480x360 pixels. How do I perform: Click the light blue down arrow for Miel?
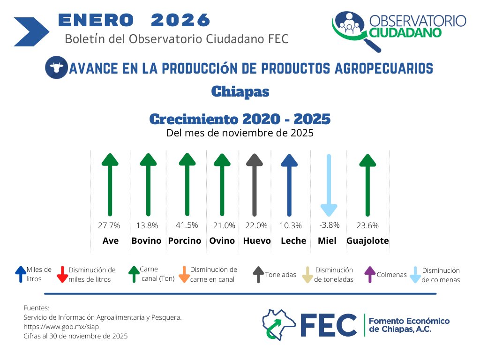click(329, 185)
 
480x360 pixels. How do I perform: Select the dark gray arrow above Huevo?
click(254, 185)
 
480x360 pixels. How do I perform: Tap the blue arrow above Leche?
click(289, 185)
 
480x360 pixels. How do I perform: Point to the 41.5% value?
click(187, 225)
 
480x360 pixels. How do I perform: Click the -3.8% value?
click(329, 225)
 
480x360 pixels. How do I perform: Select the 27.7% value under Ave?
click(109, 225)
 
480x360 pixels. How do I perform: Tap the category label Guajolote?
click(367, 241)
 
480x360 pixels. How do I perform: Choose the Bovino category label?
click(146, 241)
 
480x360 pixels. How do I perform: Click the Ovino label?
click(222, 241)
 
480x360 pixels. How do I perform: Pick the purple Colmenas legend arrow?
click(370, 274)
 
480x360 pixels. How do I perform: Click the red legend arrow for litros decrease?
click(62, 275)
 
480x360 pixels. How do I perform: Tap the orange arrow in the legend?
click(184, 275)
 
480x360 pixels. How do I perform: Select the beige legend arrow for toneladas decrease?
click(307, 275)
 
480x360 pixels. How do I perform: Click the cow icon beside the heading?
click(56, 67)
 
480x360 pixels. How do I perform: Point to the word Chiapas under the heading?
click(240, 91)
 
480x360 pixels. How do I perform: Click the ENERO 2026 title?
click(134, 20)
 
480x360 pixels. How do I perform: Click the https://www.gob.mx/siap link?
click(61, 327)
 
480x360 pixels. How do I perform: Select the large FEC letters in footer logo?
click(328, 324)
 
